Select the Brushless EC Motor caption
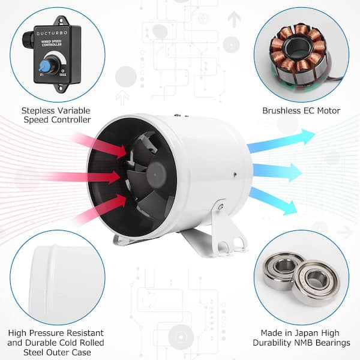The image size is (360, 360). click(x=301, y=110)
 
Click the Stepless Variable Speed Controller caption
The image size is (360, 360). click(x=56, y=115)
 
